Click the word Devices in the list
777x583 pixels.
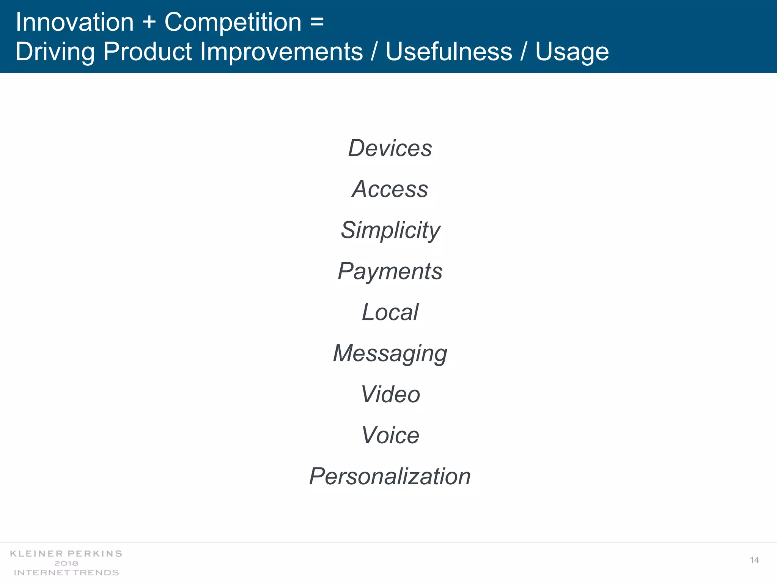390,148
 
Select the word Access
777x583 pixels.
390,189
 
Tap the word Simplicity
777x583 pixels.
390,230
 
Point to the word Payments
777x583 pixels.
390,271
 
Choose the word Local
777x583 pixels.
390,312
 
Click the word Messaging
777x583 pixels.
390,354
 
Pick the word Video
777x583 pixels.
390,394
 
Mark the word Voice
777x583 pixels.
390,435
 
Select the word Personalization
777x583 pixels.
390,476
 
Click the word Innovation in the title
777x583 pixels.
75,22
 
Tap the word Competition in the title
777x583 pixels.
233,22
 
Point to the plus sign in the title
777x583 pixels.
149,23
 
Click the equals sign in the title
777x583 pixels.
317,22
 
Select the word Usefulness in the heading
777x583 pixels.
449,52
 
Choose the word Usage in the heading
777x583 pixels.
572,52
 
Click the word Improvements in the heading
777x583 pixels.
281,52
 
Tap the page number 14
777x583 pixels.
754,560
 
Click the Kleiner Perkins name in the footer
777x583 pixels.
66,554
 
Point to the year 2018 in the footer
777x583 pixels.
66,563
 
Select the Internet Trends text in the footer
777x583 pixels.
66,572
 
